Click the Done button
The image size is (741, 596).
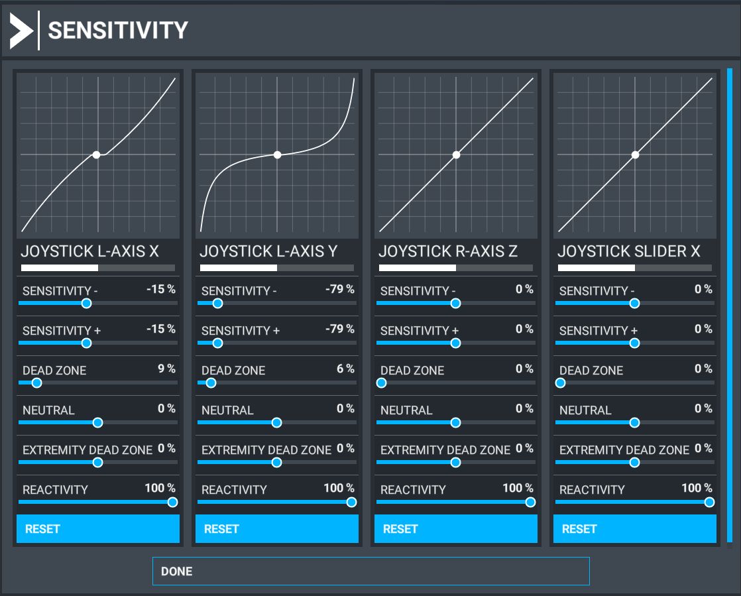coord(370,571)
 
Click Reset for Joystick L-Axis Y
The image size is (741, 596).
coord(276,529)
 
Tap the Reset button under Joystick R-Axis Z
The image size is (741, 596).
coord(455,529)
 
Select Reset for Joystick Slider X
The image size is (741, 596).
coord(634,529)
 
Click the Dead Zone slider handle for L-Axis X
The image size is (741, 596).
coord(36,383)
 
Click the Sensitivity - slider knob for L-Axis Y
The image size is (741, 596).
coord(217,304)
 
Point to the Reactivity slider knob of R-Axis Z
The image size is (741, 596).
coord(530,502)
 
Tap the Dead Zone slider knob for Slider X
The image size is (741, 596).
coord(561,383)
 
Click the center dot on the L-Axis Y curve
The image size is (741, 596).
coord(278,154)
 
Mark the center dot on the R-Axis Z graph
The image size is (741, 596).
coord(456,154)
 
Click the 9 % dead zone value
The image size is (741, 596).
coord(166,369)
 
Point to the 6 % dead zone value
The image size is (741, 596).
coord(345,369)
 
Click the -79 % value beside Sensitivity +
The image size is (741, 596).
coord(339,329)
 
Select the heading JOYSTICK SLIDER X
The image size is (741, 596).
coord(628,251)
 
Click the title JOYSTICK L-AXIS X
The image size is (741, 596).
coord(89,251)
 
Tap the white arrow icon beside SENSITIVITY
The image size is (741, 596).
coord(21,30)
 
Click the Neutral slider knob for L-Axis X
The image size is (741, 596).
coord(97,422)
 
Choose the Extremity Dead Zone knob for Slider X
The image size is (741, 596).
coord(634,462)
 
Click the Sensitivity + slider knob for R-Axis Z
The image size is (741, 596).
coord(455,343)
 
